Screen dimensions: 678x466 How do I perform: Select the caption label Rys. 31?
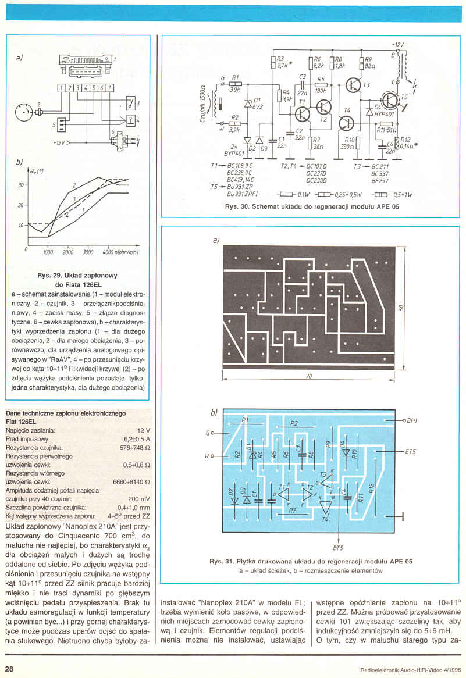(223, 562)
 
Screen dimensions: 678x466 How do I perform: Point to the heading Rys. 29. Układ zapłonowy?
(77, 276)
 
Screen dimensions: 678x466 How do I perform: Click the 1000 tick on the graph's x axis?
(48, 252)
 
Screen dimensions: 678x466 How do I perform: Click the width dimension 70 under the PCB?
(309, 377)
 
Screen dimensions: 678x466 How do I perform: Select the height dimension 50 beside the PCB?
(402, 306)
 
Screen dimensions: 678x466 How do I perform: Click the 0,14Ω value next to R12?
(407, 147)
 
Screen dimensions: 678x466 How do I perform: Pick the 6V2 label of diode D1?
(257, 108)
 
